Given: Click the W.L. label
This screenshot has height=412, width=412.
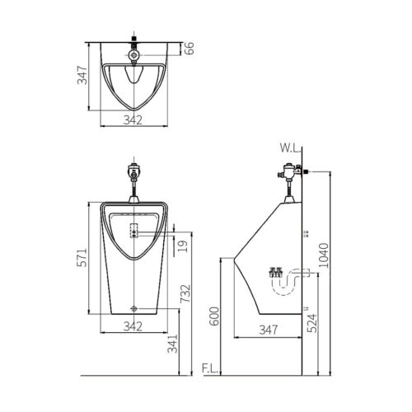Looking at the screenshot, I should [288, 150].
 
